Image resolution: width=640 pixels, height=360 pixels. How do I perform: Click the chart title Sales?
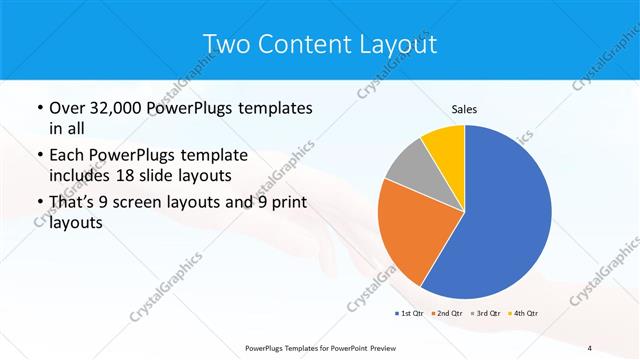click(464, 108)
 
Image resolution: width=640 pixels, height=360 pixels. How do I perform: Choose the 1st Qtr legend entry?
click(410, 313)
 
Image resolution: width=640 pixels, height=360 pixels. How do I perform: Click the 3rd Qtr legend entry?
click(486, 313)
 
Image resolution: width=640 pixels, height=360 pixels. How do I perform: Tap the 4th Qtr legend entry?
click(524, 313)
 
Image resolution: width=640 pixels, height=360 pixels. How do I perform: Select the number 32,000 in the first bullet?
click(118, 107)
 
